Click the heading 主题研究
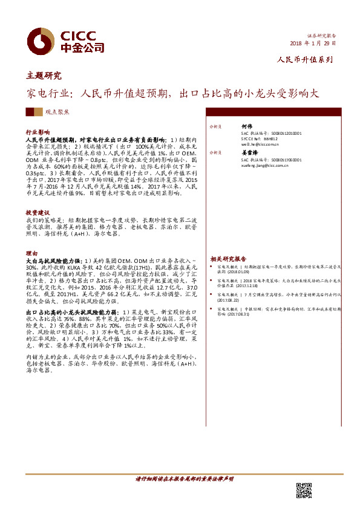(x=44, y=76)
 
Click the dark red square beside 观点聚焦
(x=30, y=112)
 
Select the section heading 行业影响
(x=38, y=131)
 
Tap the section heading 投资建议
(x=38, y=213)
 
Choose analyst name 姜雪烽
(x=249, y=153)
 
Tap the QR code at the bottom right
(x=303, y=490)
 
